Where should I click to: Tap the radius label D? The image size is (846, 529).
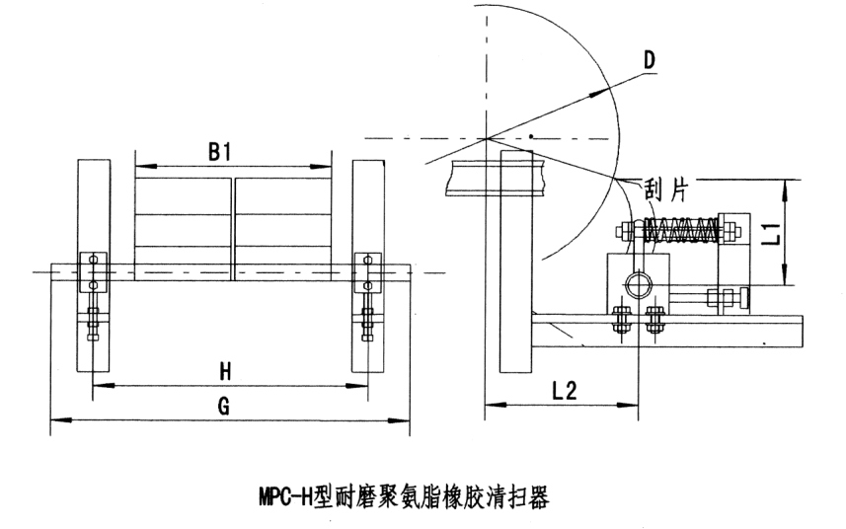click(648, 61)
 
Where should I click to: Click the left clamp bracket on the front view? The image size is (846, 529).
click(92, 271)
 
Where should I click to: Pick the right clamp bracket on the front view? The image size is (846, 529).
click(367, 271)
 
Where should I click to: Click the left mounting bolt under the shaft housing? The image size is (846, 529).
click(622, 323)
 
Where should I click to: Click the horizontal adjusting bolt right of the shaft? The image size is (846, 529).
click(716, 296)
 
